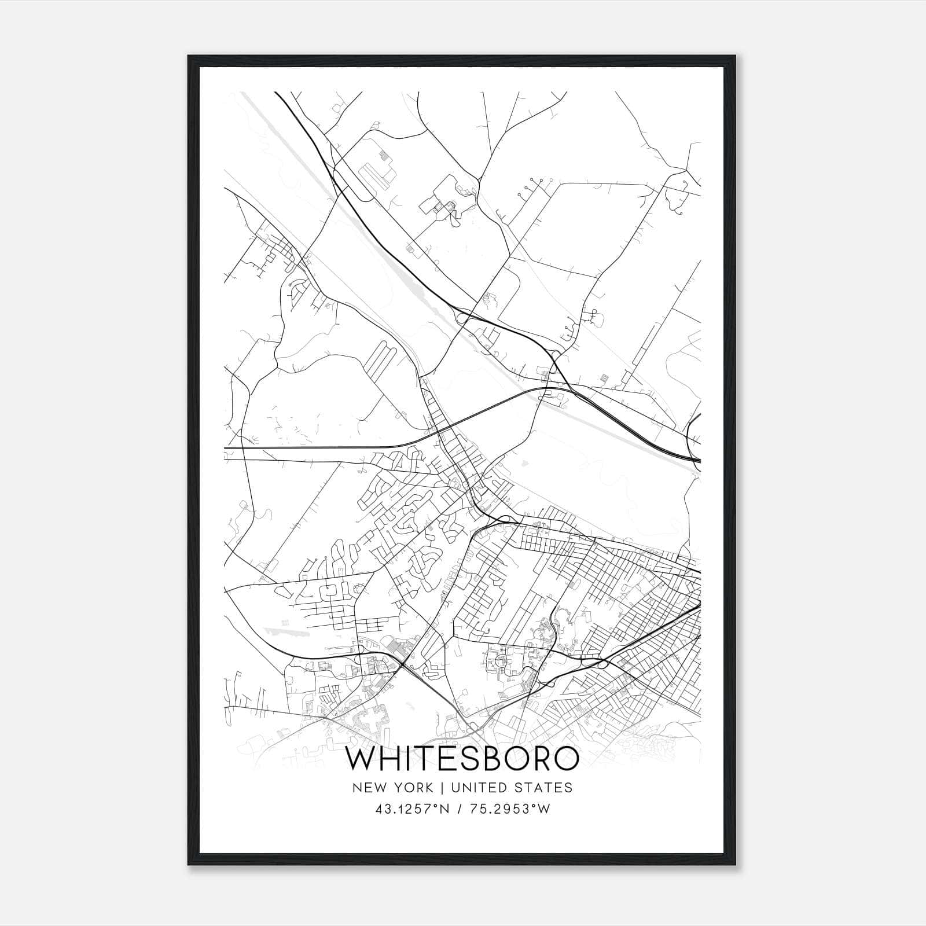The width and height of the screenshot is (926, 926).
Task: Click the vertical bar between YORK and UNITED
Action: (442, 788)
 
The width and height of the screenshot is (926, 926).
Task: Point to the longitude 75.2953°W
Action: (510, 809)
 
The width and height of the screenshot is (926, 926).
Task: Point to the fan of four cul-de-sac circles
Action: (532, 184)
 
